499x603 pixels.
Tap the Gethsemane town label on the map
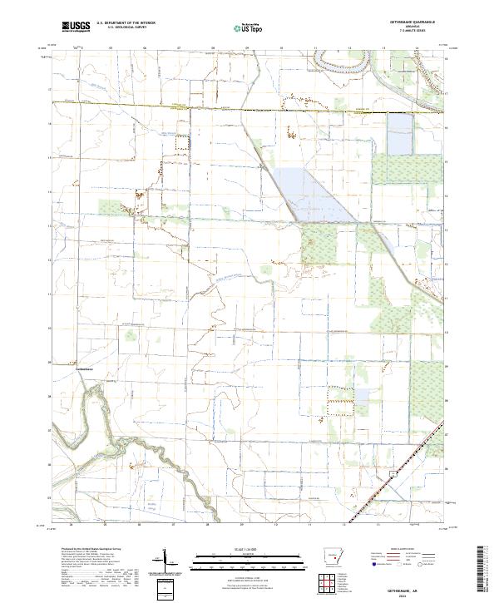(x=82, y=368)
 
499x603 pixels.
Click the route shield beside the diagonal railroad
(x=391, y=472)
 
